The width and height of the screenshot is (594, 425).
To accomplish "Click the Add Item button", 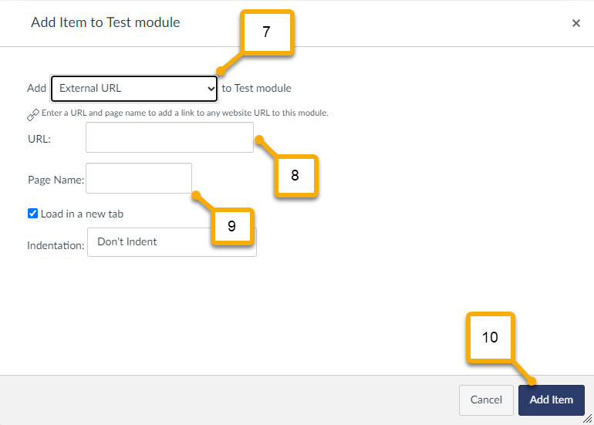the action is (552, 400).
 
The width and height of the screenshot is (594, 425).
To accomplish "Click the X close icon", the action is (575, 23).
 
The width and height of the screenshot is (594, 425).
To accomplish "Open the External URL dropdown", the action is (134, 89).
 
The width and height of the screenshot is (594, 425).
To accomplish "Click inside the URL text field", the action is (170, 137).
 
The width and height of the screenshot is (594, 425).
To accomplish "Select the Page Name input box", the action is (139, 178).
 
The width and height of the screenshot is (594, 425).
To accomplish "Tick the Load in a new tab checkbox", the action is (32, 213).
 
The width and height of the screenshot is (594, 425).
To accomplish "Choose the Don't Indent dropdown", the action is (171, 242).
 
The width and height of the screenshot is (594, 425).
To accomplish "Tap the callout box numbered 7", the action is (267, 32).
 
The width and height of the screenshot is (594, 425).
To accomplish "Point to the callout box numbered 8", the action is (295, 175).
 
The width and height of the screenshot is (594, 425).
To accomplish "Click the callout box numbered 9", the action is (232, 226).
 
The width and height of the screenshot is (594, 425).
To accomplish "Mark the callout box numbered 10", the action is (490, 337).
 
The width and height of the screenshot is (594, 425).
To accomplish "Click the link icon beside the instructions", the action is (33, 114).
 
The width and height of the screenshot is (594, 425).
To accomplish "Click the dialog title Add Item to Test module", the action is (106, 22).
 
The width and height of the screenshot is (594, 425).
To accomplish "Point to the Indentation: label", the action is (56, 245).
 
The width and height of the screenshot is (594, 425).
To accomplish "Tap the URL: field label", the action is (39, 139).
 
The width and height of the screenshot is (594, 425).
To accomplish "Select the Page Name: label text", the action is (56, 180).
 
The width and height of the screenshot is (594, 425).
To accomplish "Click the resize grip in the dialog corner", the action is (588, 419).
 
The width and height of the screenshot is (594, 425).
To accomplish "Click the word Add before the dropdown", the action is (36, 88).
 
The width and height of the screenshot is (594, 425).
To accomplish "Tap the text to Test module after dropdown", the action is (256, 88).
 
